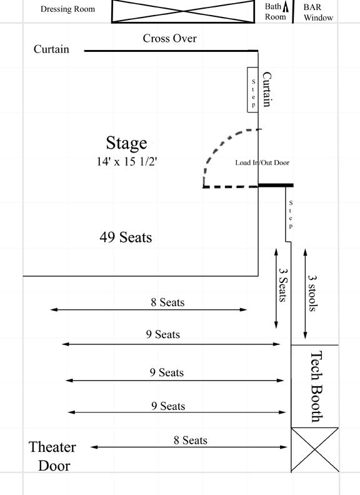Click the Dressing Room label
pyautogui.click(x=67, y=9)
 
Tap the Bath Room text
pyautogui.click(x=274, y=11)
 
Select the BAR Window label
pyautogui.click(x=318, y=12)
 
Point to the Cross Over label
pyautogui.click(x=169, y=38)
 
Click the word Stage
pyautogui.click(x=126, y=142)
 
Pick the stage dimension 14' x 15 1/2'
pyautogui.click(x=127, y=161)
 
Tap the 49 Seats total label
pyautogui.click(x=126, y=237)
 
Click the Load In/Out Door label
pyautogui.click(x=262, y=162)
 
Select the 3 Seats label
pyautogui.click(x=283, y=285)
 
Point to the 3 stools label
pyautogui.click(x=312, y=293)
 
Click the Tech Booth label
pyautogui.click(x=316, y=387)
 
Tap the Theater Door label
pyautogui.click(x=52, y=456)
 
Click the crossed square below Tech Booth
pyautogui.click(x=315, y=449)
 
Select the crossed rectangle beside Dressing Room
pyautogui.click(x=183, y=11)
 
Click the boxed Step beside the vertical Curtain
pyautogui.click(x=252, y=89)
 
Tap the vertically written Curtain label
pyautogui.click(x=267, y=89)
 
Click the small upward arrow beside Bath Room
pyautogui.click(x=286, y=7)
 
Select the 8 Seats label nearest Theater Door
pyautogui.click(x=191, y=440)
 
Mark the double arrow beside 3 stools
pyautogui.click(x=305, y=294)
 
